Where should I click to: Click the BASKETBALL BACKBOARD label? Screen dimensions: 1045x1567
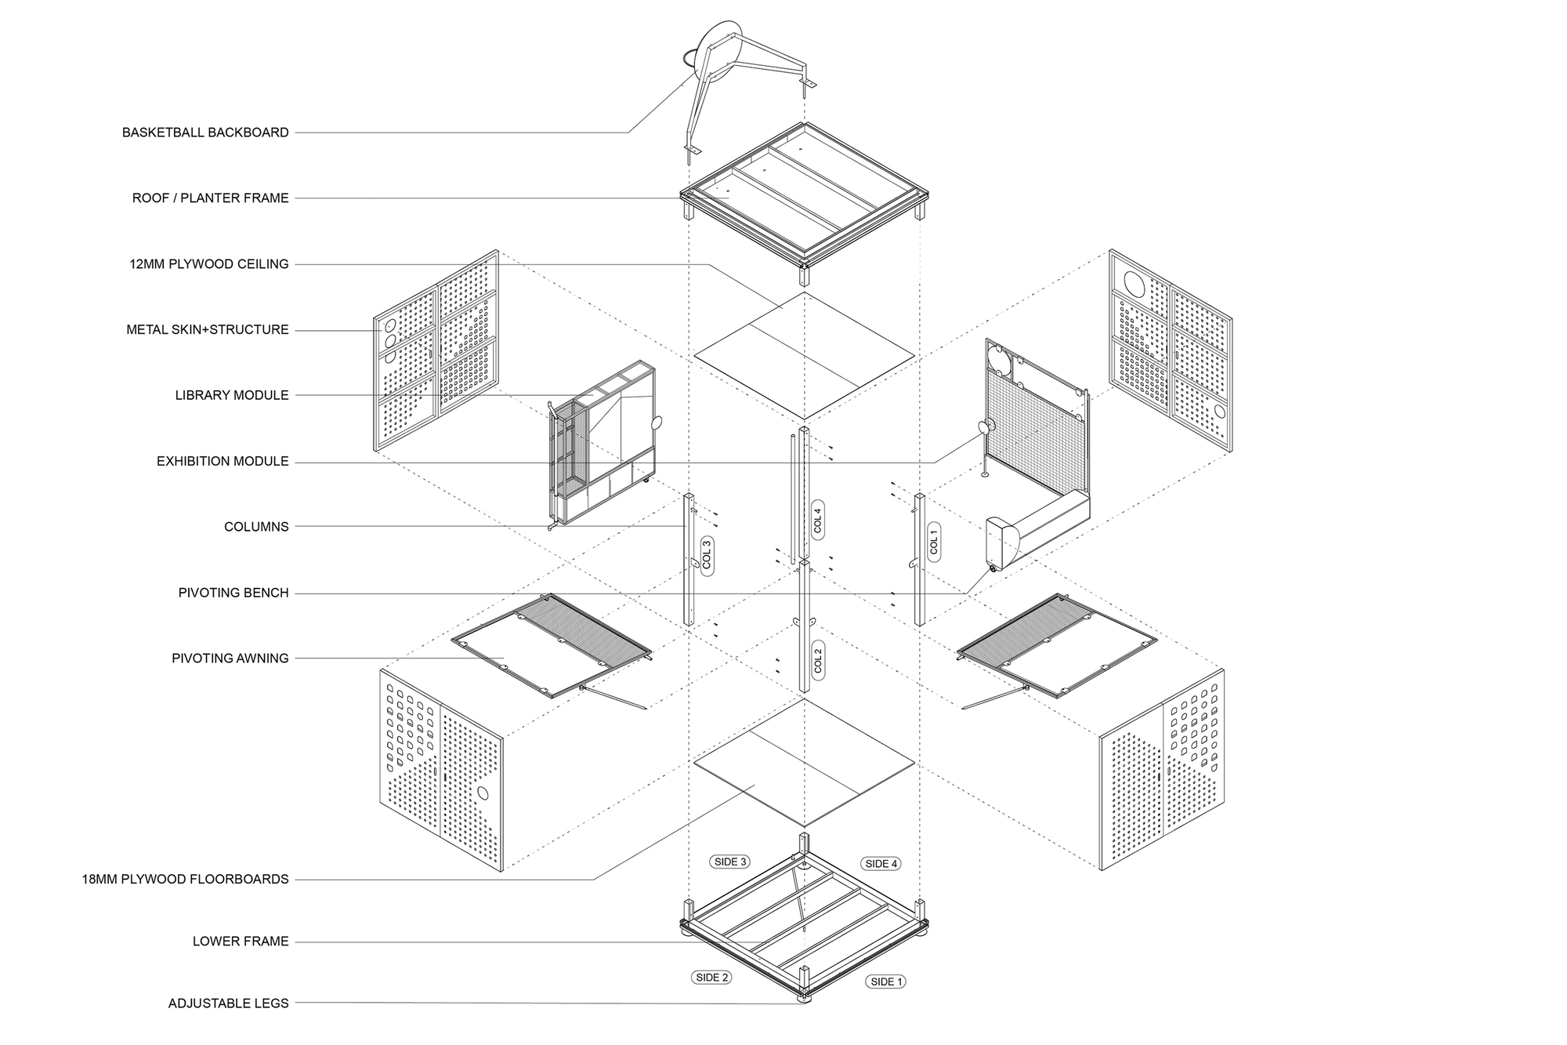[205, 132]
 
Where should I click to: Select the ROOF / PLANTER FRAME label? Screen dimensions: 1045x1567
[210, 198]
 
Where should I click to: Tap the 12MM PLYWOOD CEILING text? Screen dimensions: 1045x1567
[208, 264]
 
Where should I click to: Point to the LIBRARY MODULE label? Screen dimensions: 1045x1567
[231, 395]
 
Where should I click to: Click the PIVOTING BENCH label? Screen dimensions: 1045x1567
[233, 593]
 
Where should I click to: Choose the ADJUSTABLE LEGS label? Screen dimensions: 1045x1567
[228, 1003]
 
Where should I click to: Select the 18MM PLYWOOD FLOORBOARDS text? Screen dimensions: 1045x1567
[185, 879]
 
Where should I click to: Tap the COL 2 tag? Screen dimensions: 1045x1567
[818, 659]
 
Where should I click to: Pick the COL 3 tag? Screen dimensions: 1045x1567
[706, 555]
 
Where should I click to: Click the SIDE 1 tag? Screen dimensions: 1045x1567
[886, 982]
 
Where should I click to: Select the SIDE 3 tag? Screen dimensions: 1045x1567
[729, 862]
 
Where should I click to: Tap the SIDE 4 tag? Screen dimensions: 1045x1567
[881, 863]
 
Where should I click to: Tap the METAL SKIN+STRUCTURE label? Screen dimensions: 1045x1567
[208, 330]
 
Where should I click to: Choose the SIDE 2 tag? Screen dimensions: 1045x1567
[712, 977]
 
